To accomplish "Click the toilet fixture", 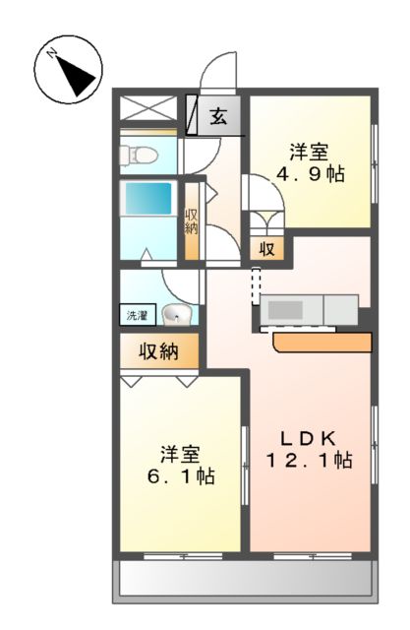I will (x=136, y=155).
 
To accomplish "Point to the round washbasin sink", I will (x=175, y=315).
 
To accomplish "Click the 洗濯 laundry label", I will (x=136, y=316).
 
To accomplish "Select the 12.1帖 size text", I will (x=307, y=462).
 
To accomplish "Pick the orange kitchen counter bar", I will (x=322, y=342).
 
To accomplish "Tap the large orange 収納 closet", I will (x=160, y=351).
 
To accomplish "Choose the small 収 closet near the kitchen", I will (x=266, y=249).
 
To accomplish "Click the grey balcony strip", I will (x=246, y=580).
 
